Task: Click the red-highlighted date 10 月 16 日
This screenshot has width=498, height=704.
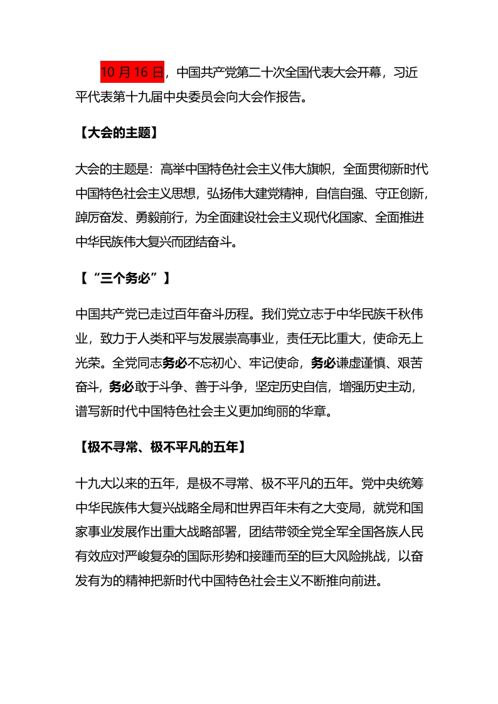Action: coord(132,73)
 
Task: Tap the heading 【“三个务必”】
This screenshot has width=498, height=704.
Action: coord(123,279)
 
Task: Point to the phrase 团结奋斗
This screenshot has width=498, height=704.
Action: coord(211,242)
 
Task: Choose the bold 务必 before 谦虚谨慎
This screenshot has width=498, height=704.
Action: coord(325,363)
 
